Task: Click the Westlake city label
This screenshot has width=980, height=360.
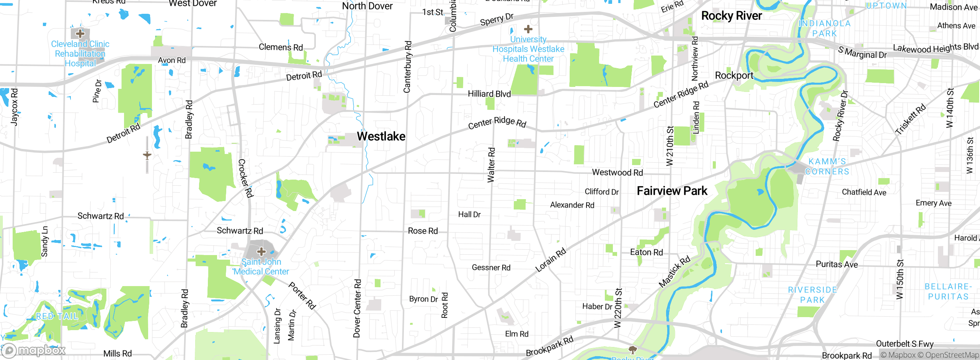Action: pyautogui.click(x=381, y=136)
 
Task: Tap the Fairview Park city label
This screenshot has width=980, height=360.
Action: pyautogui.click(x=672, y=191)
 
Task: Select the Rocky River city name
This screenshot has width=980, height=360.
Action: pyautogui.click(x=731, y=16)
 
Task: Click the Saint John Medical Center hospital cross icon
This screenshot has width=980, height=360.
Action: pyautogui.click(x=261, y=252)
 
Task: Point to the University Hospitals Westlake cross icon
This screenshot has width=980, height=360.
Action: pyautogui.click(x=528, y=29)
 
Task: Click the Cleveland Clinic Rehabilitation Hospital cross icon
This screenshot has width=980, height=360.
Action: pyautogui.click(x=80, y=34)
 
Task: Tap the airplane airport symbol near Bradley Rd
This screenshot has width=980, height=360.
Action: pyautogui.click(x=147, y=155)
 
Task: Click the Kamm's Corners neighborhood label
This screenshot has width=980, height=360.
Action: pyautogui.click(x=827, y=167)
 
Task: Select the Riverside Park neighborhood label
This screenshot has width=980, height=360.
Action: pyautogui.click(x=812, y=295)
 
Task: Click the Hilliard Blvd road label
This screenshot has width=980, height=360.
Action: pyautogui.click(x=489, y=94)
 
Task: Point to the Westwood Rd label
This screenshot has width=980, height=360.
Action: pyautogui.click(x=617, y=172)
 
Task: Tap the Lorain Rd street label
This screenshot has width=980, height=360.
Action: pyautogui.click(x=550, y=260)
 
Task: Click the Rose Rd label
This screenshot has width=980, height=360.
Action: pyautogui.click(x=423, y=231)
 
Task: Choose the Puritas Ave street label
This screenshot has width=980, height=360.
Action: pyautogui.click(x=836, y=264)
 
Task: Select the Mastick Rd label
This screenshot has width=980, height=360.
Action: pyautogui.click(x=674, y=272)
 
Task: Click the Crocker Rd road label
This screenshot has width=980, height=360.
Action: pyautogui.click(x=245, y=178)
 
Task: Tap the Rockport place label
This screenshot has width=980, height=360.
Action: pyautogui.click(x=734, y=75)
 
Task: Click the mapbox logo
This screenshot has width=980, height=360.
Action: pyautogui.click(x=34, y=350)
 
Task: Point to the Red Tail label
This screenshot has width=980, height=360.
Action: pyautogui.click(x=57, y=316)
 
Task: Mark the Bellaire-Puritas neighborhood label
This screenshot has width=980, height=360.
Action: pyautogui.click(x=948, y=291)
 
